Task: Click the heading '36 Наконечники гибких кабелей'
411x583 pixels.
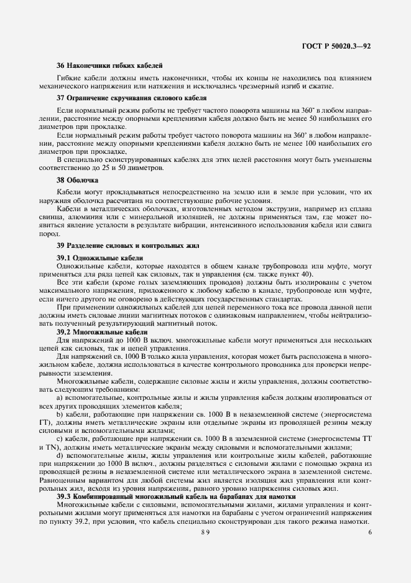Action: (x=109, y=65)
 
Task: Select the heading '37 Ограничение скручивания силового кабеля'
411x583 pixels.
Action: (x=132, y=98)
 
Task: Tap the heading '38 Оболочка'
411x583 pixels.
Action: (x=74, y=180)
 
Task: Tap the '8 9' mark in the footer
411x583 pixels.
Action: (x=206, y=532)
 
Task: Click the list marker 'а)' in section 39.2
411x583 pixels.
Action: (x=60, y=397)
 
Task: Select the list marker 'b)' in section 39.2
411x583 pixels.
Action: (x=60, y=414)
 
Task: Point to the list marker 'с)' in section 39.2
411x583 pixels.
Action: (x=60, y=440)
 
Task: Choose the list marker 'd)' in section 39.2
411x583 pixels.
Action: (x=60, y=457)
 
